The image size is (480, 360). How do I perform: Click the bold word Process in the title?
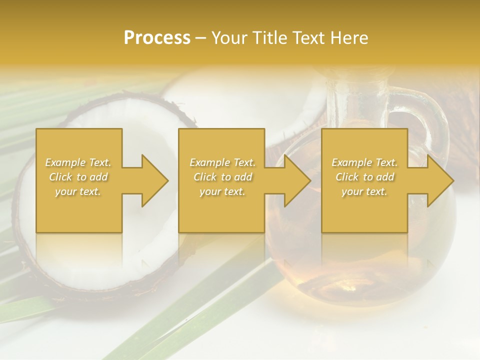point(157,38)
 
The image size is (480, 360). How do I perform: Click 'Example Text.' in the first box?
point(78,162)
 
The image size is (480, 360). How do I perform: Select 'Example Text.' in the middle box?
point(222,162)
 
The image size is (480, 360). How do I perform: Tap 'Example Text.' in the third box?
point(364,162)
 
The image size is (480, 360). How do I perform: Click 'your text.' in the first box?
point(78,191)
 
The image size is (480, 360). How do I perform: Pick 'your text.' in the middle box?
point(222,191)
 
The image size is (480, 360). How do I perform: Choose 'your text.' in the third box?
point(364,191)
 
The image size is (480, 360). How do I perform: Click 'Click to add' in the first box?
point(78,177)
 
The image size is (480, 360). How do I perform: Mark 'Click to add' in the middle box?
point(222,177)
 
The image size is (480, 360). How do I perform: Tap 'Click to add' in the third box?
point(364,177)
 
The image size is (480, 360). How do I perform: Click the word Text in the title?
point(307,38)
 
